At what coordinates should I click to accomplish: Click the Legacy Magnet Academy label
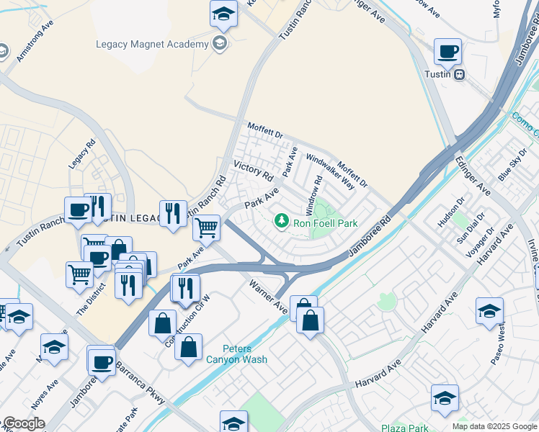(152, 44)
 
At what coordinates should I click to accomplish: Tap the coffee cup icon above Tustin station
(448, 52)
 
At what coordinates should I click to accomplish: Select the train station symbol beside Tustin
(459, 74)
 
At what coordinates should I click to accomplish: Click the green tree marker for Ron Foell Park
(282, 220)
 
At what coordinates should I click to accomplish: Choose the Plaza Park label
(405, 428)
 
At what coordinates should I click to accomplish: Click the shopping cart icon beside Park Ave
(207, 228)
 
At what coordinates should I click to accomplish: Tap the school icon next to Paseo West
(489, 310)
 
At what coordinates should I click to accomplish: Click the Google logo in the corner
(23, 423)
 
